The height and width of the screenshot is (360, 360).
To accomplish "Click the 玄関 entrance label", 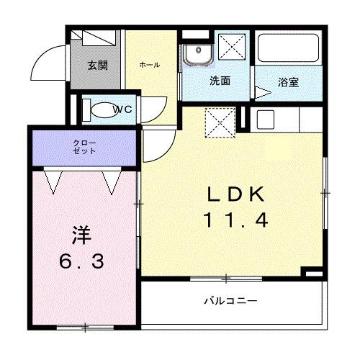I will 98,66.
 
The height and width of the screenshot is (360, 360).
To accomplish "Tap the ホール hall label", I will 149,66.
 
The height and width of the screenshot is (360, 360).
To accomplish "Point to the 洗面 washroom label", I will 220,81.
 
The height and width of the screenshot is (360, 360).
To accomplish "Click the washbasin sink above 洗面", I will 196,55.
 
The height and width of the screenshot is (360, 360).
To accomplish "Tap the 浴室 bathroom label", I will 289,83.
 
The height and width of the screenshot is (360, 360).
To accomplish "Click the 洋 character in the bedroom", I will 81,235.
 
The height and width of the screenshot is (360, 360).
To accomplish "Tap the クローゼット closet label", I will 84,148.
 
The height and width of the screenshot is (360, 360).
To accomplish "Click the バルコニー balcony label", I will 230,300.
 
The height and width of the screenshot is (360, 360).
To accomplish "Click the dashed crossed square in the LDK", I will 220,122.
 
